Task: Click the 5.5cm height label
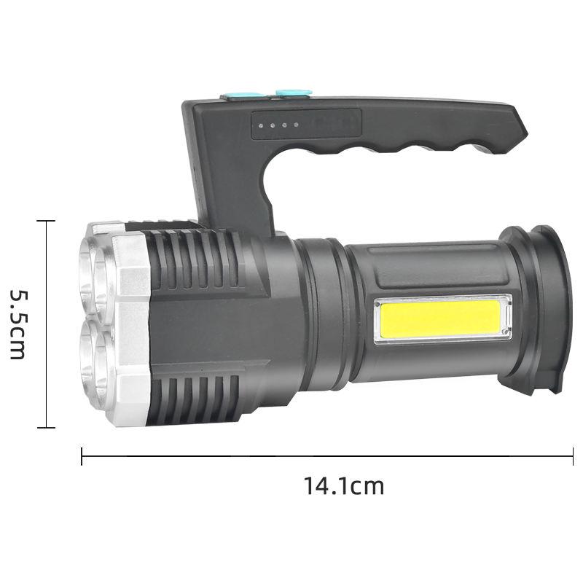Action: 17,324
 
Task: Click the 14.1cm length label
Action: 344,486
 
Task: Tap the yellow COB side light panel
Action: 441,319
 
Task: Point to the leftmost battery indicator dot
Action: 261,125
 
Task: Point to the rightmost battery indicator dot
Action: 297,125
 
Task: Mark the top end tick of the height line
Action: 46,221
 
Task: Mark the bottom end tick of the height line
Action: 46,428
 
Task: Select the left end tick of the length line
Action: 82,456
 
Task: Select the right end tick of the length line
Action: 573,456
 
